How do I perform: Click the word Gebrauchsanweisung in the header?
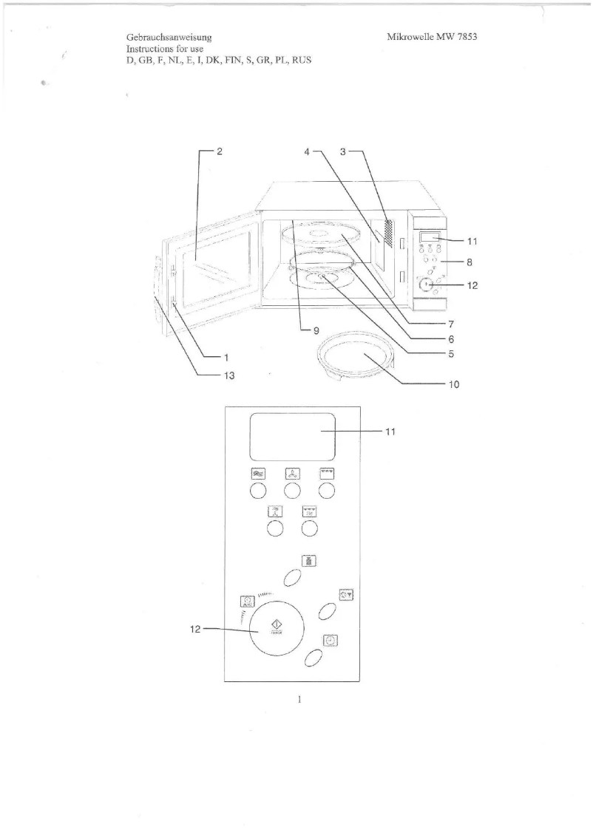(169, 38)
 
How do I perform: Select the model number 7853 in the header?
(467, 37)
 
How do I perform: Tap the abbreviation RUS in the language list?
(302, 60)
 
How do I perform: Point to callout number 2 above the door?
(220, 151)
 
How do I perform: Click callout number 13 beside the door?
(229, 375)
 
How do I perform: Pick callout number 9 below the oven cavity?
(316, 331)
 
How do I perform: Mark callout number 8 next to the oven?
(470, 262)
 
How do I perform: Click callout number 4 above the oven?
(307, 151)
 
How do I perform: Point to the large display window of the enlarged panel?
(293, 437)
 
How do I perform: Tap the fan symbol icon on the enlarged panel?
(292, 474)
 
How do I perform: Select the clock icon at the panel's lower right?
(331, 640)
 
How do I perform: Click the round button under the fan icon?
(292, 491)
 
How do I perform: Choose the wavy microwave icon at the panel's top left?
(258, 474)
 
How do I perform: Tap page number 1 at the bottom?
(299, 699)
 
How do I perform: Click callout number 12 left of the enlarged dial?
(195, 630)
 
